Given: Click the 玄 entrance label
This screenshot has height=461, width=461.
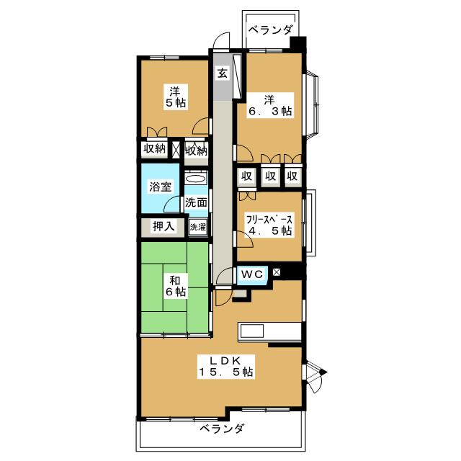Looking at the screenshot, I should click(x=222, y=73).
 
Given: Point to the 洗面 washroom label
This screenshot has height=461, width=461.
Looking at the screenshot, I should click(x=196, y=202).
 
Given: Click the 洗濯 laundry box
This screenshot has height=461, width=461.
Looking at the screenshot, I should click(x=197, y=226).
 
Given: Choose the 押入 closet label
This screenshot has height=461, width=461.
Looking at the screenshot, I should click(x=164, y=226).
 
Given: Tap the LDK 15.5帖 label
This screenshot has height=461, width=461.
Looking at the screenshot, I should click(x=225, y=366).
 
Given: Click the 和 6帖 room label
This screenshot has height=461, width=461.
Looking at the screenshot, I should click(x=175, y=285).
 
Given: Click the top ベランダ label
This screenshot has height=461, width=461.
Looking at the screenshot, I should click(x=271, y=30).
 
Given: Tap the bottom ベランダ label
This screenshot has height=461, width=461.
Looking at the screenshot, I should click(x=222, y=429).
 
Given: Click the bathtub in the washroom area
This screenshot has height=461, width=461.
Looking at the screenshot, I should click(x=196, y=178).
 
